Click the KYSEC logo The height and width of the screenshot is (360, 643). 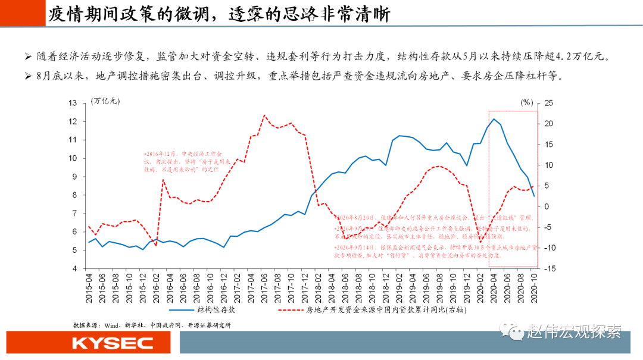(113, 343)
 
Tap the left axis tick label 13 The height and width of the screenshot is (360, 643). (73, 103)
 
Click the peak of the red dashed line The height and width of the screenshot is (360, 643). (264, 115)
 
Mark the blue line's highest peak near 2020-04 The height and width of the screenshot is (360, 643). (494, 119)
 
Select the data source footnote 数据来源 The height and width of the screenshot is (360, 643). (151, 325)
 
